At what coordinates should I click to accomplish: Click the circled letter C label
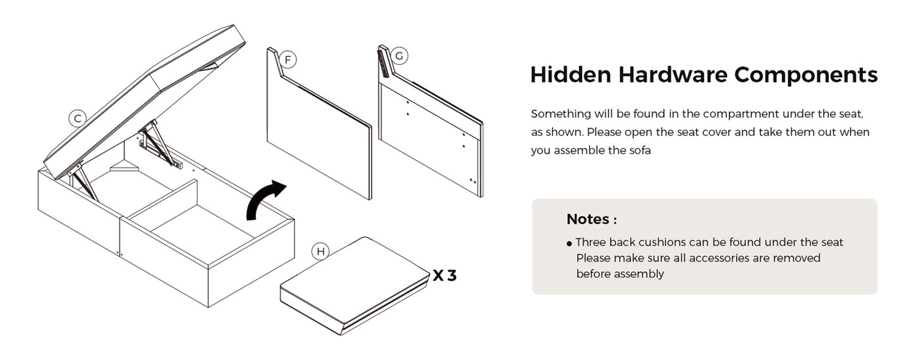(77, 118)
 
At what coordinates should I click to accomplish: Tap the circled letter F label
(288, 60)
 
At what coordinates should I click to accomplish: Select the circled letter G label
(399, 56)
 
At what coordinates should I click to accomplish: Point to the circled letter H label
(321, 251)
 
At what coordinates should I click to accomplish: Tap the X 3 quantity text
(444, 276)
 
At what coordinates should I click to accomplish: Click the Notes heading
(591, 219)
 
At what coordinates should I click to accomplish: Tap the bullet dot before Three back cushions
(569, 243)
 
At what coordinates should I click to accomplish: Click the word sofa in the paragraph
(640, 151)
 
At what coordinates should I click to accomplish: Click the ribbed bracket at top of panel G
(384, 62)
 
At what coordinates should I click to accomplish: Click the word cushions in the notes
(661, 242)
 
